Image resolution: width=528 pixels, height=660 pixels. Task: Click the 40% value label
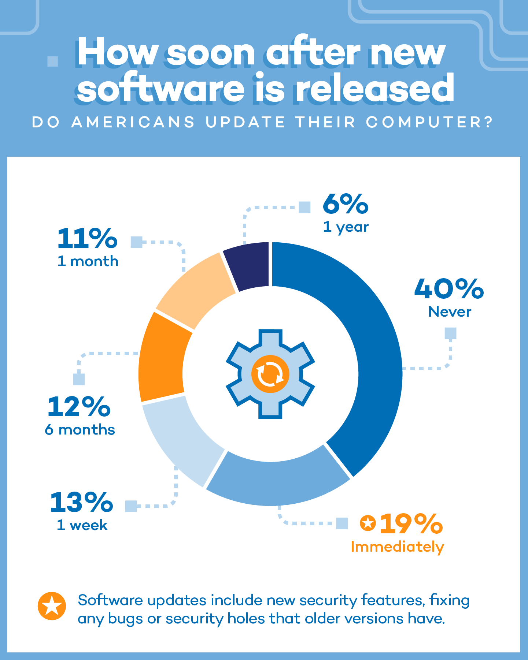click(449, 289)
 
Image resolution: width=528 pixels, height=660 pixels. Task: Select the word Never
click(450, 312)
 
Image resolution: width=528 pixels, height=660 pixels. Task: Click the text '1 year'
click(346, 227)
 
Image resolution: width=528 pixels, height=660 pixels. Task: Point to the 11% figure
click(87, 238)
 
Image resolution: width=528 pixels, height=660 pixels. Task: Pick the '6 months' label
click(80, 430)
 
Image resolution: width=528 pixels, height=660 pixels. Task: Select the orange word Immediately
click(397, 547)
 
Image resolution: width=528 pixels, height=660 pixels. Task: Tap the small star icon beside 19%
click(368, 523)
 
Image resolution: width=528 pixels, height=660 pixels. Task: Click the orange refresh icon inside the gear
click(270, 374)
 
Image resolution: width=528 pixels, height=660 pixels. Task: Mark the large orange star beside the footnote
click(52, 606)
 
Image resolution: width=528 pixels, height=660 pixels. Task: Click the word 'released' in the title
click(374, 88)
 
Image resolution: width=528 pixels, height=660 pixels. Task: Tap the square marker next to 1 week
click(131, 506)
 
